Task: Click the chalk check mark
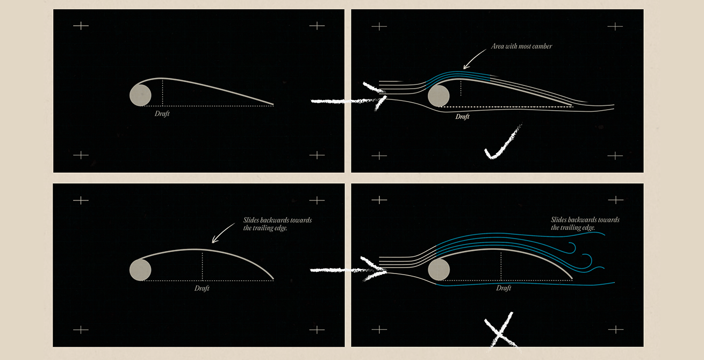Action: [501, 144]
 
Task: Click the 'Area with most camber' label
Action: [521, 46]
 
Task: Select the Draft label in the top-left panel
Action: [162, 114]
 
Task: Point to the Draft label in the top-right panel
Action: [462, 117]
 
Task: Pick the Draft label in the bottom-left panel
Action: [202, 289]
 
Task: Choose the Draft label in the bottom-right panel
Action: [504, 289]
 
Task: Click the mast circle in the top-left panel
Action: [140, 95]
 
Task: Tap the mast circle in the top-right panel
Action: [439, 96]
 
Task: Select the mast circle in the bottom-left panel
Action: [140, 270]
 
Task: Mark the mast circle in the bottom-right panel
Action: [439, 269]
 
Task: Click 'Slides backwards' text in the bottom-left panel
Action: [277, 224]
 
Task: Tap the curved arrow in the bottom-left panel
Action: [223, 233]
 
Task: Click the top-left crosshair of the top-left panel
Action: [81, 25]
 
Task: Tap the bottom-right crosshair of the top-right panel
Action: [615, 155]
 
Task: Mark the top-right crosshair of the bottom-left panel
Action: [317, 200]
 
